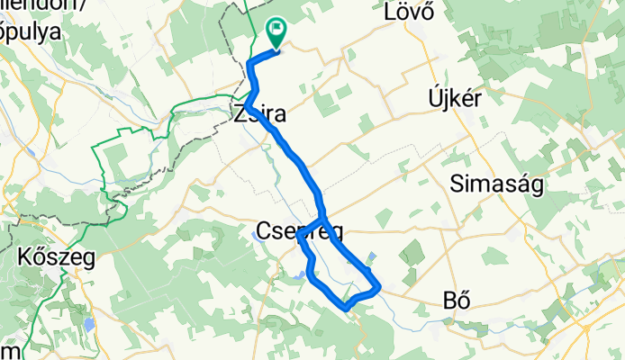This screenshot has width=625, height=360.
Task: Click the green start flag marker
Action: (x=274, y=33)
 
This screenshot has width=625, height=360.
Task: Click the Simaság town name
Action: (x=492, y=185)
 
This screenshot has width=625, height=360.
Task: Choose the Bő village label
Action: (x=458, y=300)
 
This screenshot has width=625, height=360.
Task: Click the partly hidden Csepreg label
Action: (x=300, y=231)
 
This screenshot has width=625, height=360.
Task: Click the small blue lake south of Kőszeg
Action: (x=88, y=323)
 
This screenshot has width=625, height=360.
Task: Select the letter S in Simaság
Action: (x=456, y=185)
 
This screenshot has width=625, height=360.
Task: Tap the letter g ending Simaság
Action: (x=530, y=188)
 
